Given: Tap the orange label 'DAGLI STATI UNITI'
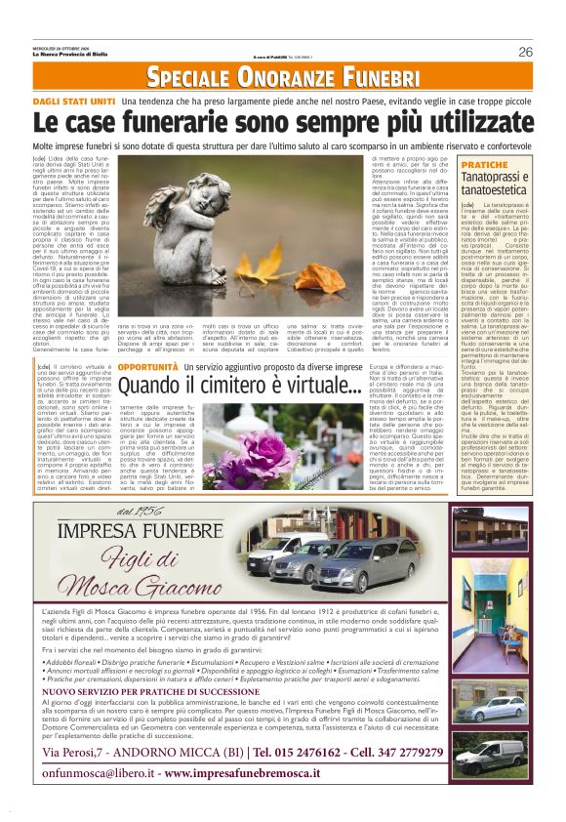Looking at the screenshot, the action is point(74,101).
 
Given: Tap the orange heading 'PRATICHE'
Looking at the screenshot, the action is point(512,165).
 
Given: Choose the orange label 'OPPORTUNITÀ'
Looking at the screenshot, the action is point(148,366).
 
